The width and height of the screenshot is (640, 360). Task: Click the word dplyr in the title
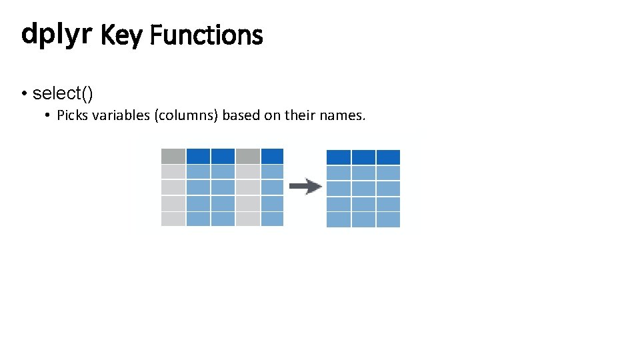pyautogui.click(x=55, y=33)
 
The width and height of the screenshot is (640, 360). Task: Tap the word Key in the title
pyautogui.click(x=121, y=35)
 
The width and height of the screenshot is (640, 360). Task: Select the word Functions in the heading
pyautogui.click(x=206, y=35)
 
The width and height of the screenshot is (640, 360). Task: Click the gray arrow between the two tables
pyautogui.click(x=305, y=187)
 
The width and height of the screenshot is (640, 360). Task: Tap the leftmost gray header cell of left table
pyautogui.click(x=173, y=156)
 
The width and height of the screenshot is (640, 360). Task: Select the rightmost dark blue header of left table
pyautogui.click(x=272, y=156)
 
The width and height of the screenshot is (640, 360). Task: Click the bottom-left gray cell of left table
pyautogui.click(x=173, y=219)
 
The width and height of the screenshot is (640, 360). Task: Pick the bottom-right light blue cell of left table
pyautogui.click(x=272, y=219)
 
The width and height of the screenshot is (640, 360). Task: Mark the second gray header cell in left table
pyautogui.click(x=247, y=156)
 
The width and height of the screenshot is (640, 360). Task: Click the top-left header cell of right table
pyautogui.click(x=339, y=157)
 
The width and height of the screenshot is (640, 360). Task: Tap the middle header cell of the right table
pyautogui.click(x=363, y=157)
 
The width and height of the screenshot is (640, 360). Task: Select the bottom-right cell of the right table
pyautogui.click(x=388, y=220)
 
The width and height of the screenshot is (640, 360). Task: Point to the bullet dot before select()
pyautogui.click(x=24, y=94)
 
